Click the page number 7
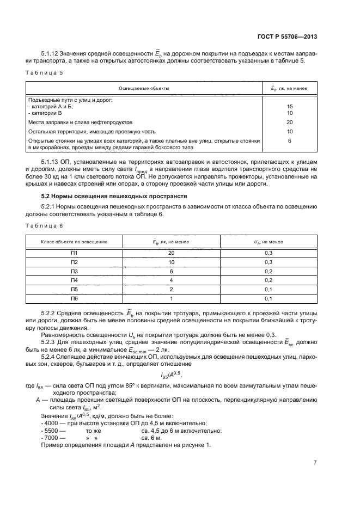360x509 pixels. point(315,462)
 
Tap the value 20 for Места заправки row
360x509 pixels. point(289,122)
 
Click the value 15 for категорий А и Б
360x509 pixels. point(289,107)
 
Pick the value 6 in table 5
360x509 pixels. point(289,140)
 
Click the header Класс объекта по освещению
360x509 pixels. point(75,241)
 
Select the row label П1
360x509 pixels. point(75,253)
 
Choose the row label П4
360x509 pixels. point(75,280)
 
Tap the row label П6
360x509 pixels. point(75,299)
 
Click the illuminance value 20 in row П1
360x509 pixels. point(171,253)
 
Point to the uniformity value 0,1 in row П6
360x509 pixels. point(268,299)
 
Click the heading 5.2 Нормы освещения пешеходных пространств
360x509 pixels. point(114,195)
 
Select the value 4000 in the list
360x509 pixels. point(53,424)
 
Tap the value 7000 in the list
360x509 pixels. point(53,438)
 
